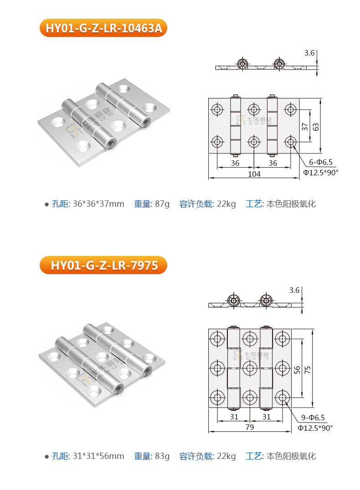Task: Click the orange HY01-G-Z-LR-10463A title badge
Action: pos(103,28)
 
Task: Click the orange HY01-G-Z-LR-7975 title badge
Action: pos(103,265)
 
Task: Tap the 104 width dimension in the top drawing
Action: pos(254,174)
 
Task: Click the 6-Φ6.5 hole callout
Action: pos(321,162)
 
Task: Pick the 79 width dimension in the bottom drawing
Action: pos(249,427)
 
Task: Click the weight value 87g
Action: pos(162,204)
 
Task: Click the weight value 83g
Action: pos(162,456)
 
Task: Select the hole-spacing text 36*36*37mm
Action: pos(98,204)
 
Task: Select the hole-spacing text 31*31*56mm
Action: pos(98,456)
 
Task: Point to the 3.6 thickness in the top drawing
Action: pos(309,53)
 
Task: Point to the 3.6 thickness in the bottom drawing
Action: pos(294,290)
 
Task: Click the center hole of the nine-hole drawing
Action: pos(250,367)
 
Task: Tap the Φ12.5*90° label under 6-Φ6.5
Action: pos(321,173)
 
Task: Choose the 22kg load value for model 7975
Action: pos(226,456)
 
